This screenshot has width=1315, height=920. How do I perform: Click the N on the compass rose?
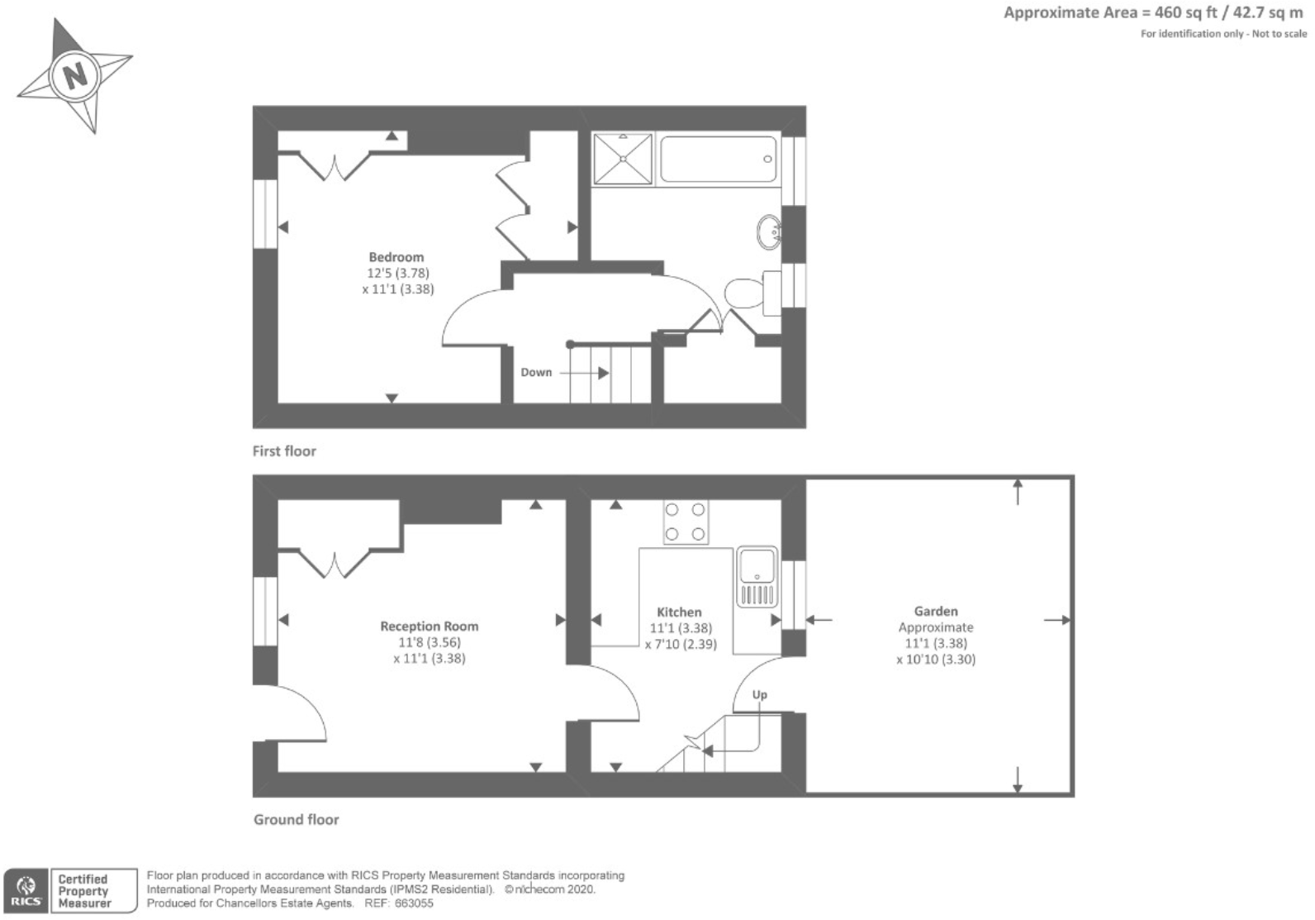pos(76,76)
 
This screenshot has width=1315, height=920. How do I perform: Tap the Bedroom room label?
pos(396,257)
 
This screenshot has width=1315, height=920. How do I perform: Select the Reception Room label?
pos(429,627)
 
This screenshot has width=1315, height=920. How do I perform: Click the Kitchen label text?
pos(679,613)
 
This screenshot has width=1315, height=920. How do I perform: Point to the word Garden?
pos(935,612)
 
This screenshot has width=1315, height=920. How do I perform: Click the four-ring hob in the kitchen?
pos(685,522)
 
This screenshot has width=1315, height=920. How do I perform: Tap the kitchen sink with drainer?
pos(757,576)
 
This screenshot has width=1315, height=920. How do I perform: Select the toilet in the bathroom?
pos(745,292)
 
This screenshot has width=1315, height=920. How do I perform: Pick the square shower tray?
pos(623,159)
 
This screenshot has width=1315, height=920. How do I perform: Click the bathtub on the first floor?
pos(718,159)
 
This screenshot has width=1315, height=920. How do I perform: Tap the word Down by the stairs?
pos(536,373)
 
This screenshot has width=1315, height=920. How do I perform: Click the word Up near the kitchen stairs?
pos(759,695)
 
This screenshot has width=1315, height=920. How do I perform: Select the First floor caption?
pos(284,451)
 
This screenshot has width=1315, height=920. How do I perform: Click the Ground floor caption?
pos(296,820)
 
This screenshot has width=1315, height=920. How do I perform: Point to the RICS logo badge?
pos(25,891)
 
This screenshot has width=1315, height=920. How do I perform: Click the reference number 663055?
pos(415,903)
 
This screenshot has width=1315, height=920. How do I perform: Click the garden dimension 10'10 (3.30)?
pos(935,660)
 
